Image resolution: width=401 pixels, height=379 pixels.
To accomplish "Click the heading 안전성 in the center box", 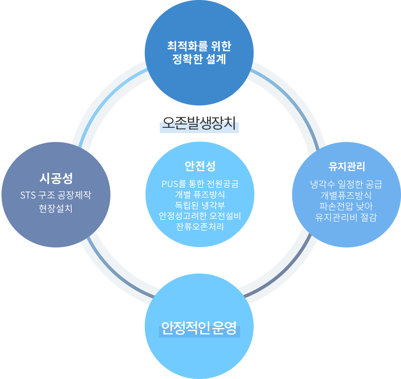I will pos(200,166).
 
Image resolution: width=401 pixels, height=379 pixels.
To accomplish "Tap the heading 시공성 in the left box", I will pos(56,178).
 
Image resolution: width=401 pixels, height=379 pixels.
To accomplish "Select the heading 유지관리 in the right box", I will pos(346,166).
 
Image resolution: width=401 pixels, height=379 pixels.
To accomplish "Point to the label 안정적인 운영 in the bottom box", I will pos(199,328).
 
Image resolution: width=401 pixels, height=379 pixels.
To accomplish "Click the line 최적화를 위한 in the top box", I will pos(199,46).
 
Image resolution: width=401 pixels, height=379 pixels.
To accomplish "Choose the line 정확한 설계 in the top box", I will pos(199,59).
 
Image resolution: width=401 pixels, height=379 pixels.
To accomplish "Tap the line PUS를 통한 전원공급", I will pos(200,184).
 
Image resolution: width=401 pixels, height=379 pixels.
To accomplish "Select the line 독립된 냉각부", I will pos(200,205).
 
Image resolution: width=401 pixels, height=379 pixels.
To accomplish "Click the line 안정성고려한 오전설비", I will pos(200,216).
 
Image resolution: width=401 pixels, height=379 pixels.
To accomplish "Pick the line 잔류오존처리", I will pos(200,227).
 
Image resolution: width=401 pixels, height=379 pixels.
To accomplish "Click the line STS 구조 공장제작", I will pos(56,195).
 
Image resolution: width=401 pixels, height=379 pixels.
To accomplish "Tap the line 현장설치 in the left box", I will pos(56,208).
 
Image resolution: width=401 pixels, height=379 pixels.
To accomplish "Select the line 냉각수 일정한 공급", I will pos(346,184).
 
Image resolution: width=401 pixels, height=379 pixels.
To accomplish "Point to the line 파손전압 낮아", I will pos(346,206).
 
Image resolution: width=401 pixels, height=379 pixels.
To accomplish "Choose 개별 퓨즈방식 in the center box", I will pos(200,195).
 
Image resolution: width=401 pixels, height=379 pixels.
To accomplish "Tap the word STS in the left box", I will pos(28,195).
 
